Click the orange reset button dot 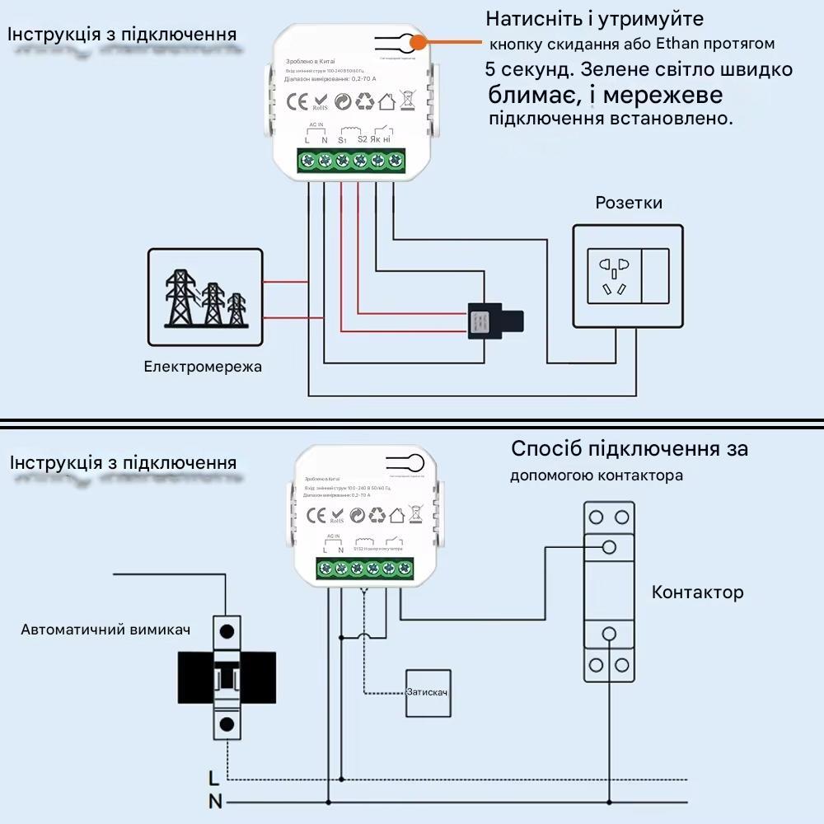[419, 42]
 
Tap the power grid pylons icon [206, 297]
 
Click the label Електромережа [203, 366]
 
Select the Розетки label [629, 203]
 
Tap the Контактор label [697, 592]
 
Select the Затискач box [427, 692]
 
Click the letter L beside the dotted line [214, 777]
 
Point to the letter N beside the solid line [214, 801]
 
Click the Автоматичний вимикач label [105, 630]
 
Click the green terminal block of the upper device [351, 161]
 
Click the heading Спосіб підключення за [630, 449]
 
